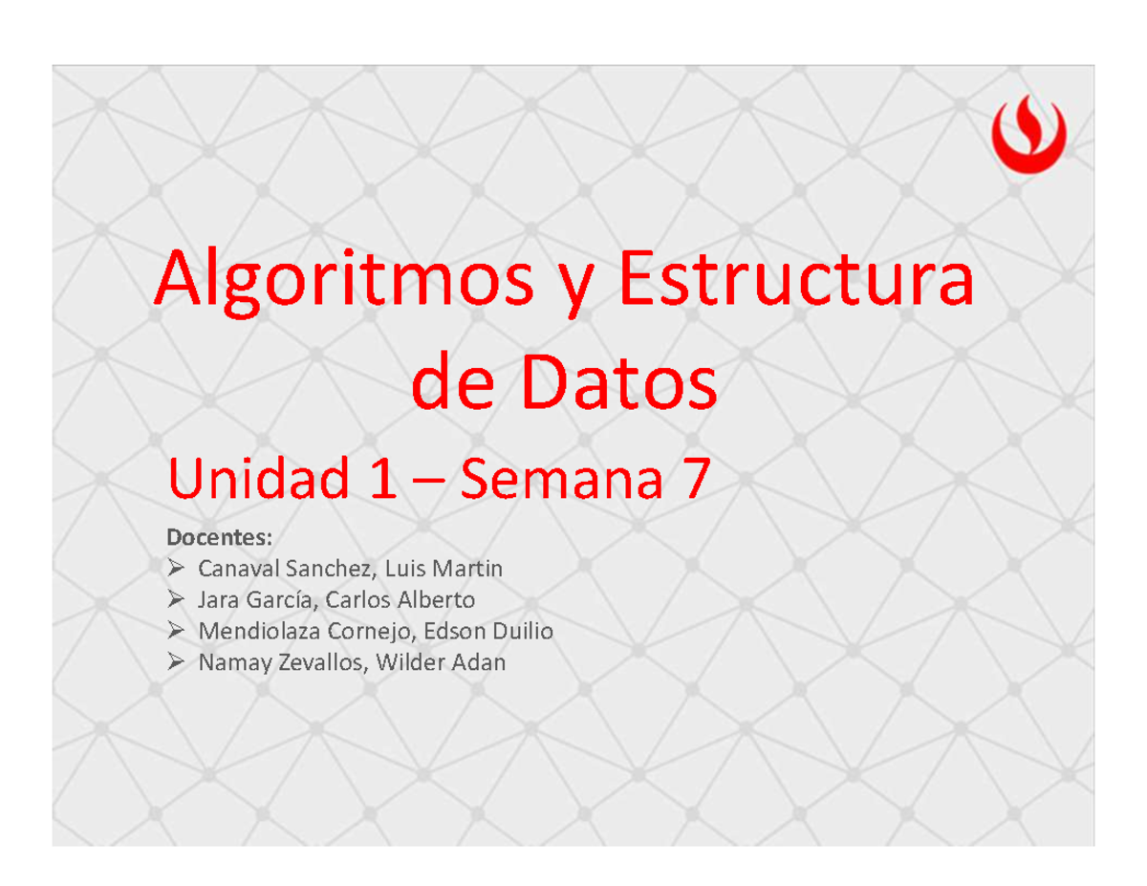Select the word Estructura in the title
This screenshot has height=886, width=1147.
point(796,280)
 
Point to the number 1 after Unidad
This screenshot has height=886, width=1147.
point(382,481)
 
